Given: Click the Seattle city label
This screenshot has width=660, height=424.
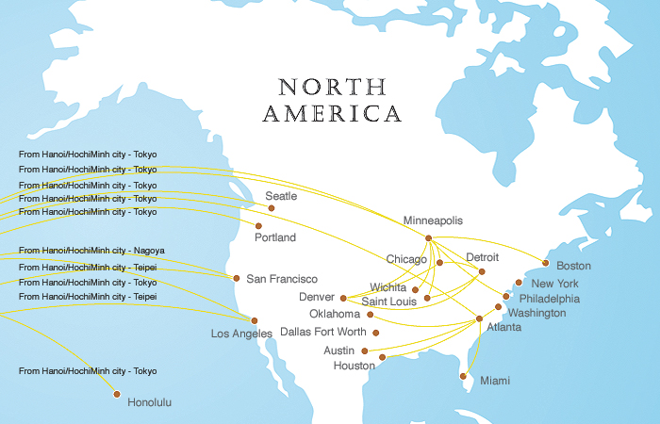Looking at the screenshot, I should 281,196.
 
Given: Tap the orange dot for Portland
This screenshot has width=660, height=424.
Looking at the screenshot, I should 258,226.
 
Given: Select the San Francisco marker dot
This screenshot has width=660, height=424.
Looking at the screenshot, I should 237,278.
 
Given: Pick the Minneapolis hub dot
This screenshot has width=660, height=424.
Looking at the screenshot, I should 429,238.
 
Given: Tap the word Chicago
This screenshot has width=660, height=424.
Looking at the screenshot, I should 406,258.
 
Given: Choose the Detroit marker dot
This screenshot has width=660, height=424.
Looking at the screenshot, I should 482,272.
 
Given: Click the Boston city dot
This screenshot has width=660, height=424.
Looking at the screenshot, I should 545,263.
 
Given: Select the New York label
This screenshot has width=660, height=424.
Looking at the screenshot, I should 554,283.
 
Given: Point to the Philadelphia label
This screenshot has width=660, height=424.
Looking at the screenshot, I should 550,298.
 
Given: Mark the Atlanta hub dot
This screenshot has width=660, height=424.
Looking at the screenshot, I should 479,318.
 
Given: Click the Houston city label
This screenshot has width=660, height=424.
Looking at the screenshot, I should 355,366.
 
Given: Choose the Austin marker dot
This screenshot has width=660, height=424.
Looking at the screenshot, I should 365,350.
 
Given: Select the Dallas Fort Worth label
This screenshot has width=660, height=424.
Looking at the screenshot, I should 323,332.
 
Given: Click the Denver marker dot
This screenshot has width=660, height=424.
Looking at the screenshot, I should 343,298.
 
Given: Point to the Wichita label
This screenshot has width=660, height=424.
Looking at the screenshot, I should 388,286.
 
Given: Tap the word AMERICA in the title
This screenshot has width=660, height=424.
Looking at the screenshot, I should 332,115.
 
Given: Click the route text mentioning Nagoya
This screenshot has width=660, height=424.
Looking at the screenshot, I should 91,251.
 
